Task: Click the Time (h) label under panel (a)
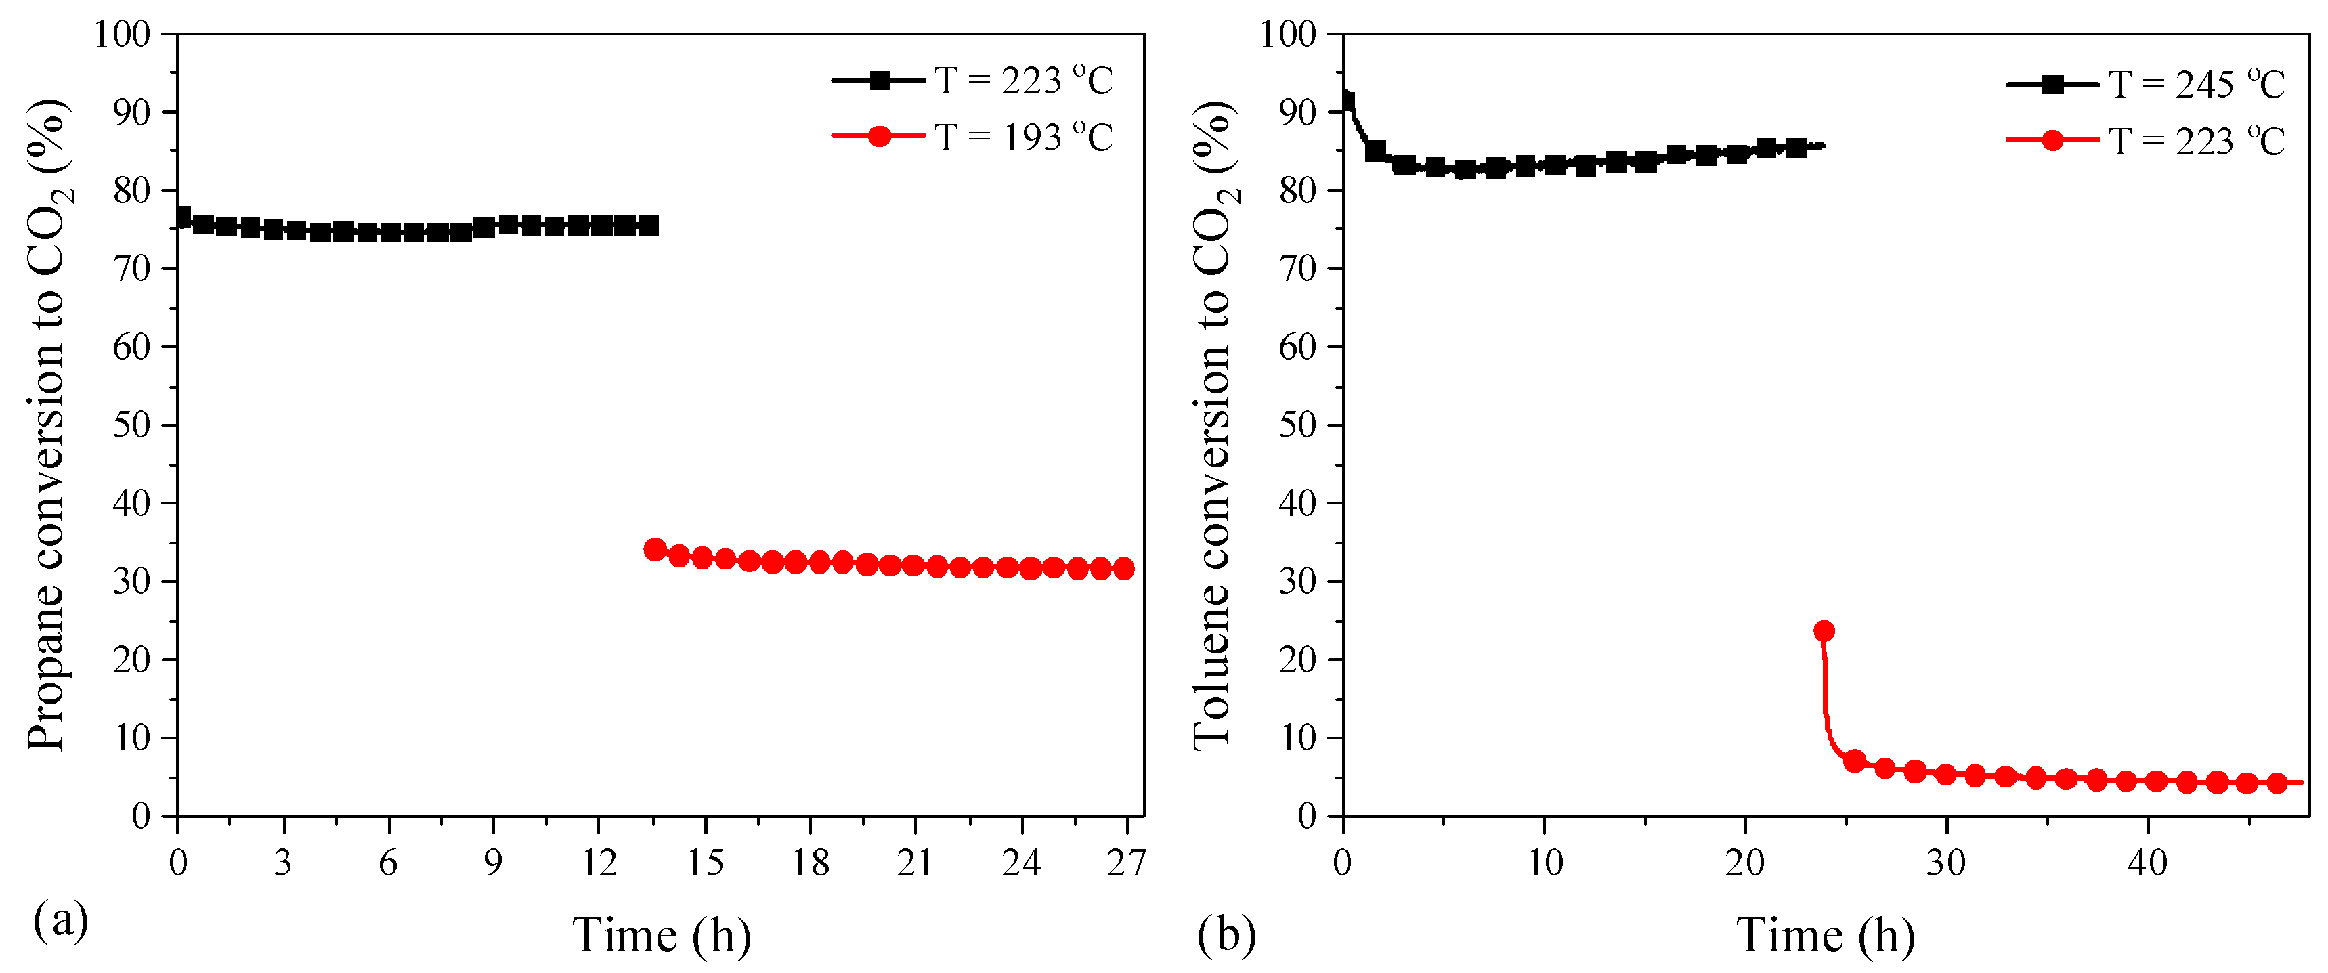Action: tap(662, 935)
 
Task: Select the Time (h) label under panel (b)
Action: tap(1826, 935)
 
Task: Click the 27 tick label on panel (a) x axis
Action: tap(1126, 863)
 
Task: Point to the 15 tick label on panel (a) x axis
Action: tap(704, 863)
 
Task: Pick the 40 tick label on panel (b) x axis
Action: tap(2147, 863)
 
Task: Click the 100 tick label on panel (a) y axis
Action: tap(122, 35)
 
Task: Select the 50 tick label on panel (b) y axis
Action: tap(1299, 425)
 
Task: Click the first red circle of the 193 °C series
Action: tap(655, 549)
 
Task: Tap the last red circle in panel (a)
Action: tap(1123, 568)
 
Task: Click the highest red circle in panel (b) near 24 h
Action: tap(1824, 630)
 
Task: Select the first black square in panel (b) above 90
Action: tap(1347, 101)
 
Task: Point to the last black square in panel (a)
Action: tap(648, 225)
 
